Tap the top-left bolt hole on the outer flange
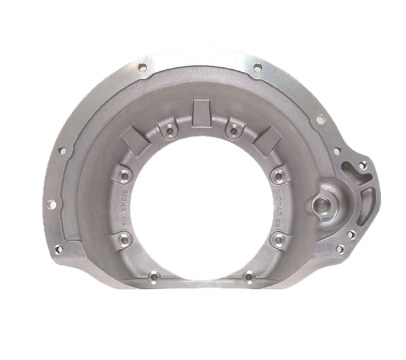pos(142,67)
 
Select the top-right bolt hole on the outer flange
pos(256,67)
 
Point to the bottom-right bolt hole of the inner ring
pos(249,277)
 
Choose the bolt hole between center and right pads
pos(233,131)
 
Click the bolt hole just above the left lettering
pos(123,173)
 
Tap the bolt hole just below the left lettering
pos(122,239)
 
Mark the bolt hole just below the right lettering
pos(278,239)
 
